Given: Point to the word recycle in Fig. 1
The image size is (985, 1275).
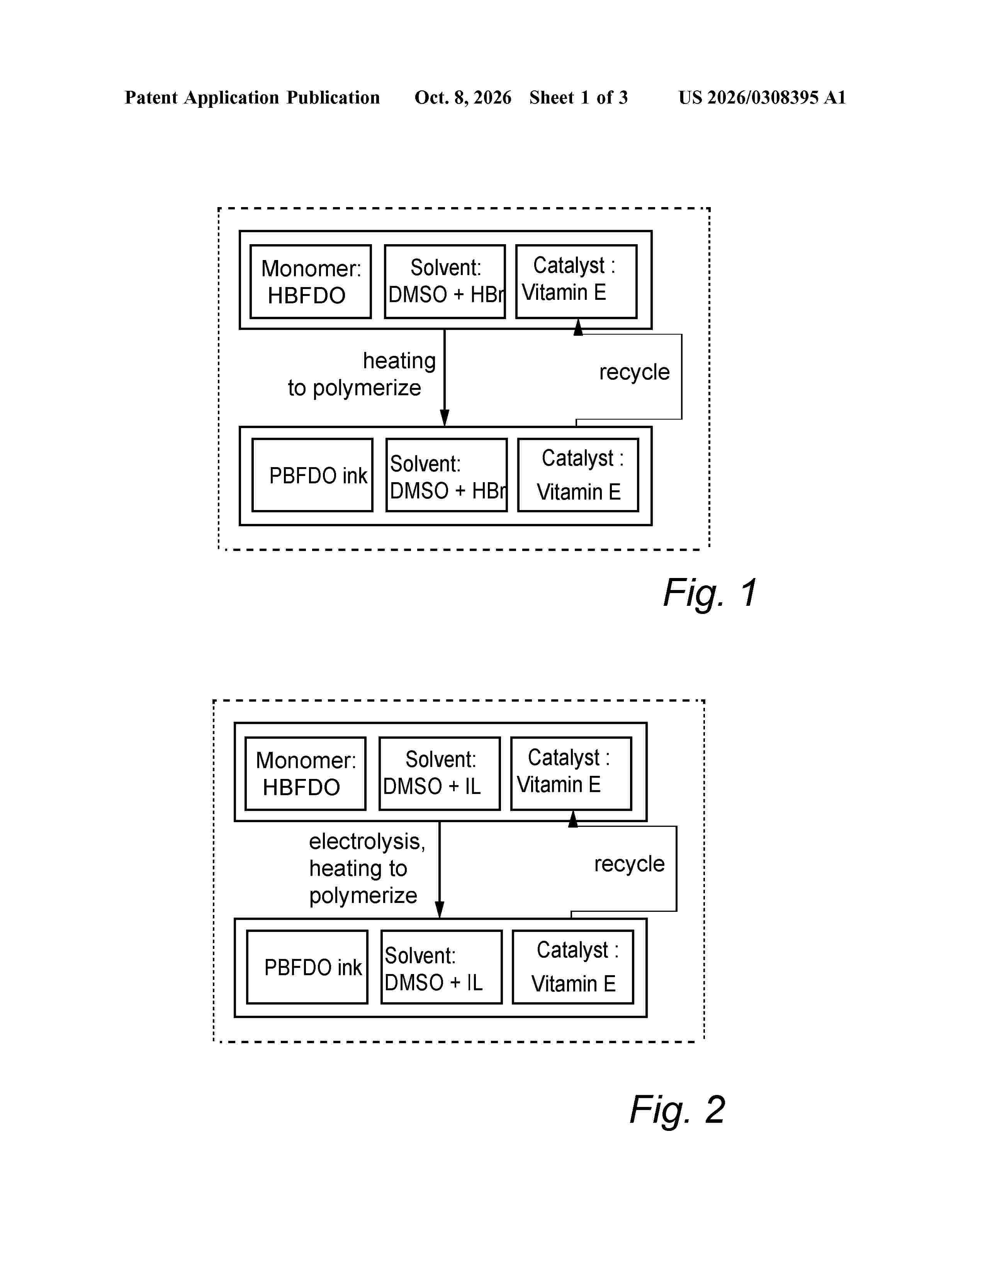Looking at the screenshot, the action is [x=634, y=372].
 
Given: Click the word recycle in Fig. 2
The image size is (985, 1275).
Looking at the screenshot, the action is [x=629, y=864].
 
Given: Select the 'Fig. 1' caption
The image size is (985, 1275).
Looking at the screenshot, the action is [x=710, y=593].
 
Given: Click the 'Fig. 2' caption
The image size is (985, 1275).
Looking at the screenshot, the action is [x=677, y=1109].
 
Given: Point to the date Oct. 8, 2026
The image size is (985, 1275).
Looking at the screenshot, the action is [x=463, y=97].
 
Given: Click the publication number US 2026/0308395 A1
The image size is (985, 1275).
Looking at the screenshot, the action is [x=762, y=97].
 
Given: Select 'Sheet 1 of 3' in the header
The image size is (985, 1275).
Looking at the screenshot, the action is [x=578, y=97].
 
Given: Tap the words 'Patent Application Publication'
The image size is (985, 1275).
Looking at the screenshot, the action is [x=252, y=97].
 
